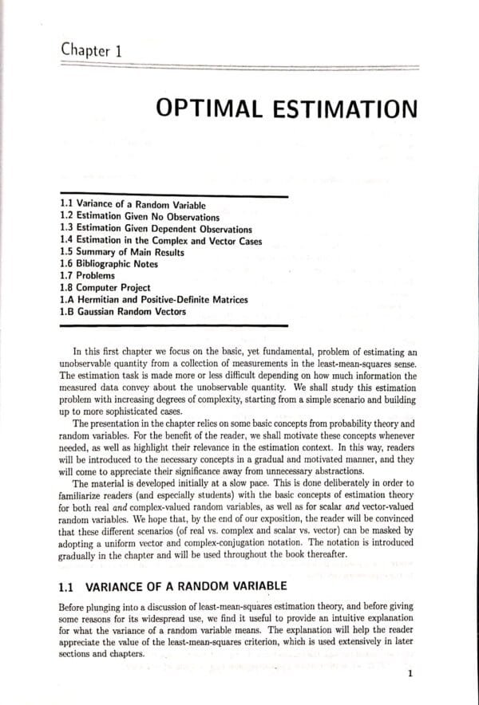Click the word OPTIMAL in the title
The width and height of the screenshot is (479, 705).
pyautogui.click(x=210, y=110)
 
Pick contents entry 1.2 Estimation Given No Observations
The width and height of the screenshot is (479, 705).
pyautogui.click(x=140, y=216)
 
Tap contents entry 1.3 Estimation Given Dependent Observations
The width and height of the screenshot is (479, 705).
pyautogui.click(x=156, y=229)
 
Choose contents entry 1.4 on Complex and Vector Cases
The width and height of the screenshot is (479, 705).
pyautogui.click(x=160, y=241)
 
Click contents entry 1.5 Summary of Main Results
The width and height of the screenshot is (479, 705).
pyautogui.click(x=122, y=253)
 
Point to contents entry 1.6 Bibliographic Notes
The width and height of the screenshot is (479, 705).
pyautogui.click(x=109, y=264)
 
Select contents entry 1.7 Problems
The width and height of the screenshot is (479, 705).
pyautogui.click(x=88, y=276)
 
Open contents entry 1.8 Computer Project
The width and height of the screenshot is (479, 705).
pyautogui.click(x=105, y=288)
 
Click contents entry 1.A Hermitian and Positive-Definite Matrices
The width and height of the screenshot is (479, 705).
pyautogui.click(x=154, y=300)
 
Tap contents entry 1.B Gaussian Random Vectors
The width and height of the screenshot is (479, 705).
pyautogui.click(x=123, y=312)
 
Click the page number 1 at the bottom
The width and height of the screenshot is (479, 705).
pyautogui.click(x=410, y=674)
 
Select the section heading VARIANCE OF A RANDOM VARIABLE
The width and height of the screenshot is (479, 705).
pyautogui.click(x=185, y=587)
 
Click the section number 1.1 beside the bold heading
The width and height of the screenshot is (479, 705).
pyautogui.click(x=68, y=587)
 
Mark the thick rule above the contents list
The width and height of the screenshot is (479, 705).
pyautogui.click(x=173, y=195)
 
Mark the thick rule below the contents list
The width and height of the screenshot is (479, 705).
pyautogui.click(x=173, y=325)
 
